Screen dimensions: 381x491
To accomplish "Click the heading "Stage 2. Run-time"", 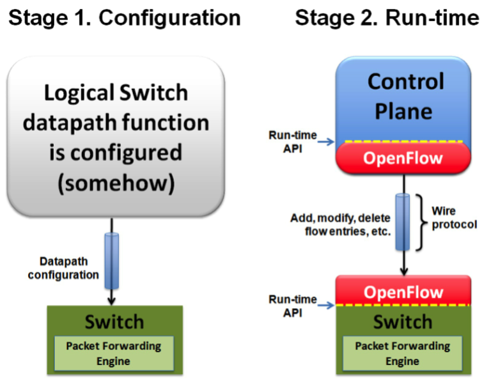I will tap(387, 17).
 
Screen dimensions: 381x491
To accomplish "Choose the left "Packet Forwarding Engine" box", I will tap(114, 353).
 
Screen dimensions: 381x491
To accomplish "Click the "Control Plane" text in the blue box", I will tap(405, 95).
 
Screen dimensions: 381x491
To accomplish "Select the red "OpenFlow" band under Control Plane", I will tap(403, 157).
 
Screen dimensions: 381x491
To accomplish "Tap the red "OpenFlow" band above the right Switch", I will tap(403, 292).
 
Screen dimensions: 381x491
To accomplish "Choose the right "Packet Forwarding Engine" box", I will tap(403, 353).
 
